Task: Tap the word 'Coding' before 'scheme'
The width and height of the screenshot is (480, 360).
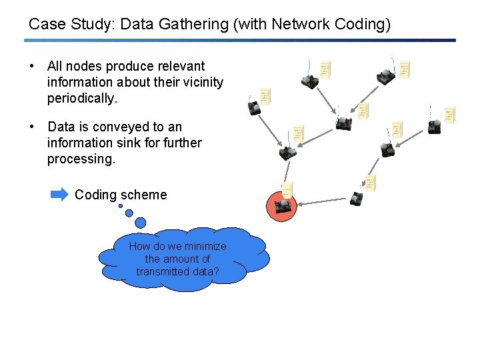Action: click(96, 195)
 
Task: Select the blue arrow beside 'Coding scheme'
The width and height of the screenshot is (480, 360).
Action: click(59, 195)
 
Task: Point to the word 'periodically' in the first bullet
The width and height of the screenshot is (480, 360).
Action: click(81, 98)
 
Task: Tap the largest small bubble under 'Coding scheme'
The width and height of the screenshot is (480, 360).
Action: click(140, 223)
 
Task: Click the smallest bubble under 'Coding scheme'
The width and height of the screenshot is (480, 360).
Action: click(121, 206)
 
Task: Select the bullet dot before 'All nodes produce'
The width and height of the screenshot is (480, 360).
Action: click(31, 66)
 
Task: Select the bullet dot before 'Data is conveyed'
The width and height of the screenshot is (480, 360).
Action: click(31, 127)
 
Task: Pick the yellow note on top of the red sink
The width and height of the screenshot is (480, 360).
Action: click(287, 190)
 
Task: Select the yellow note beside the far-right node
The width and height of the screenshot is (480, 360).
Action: click(450, 115)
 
